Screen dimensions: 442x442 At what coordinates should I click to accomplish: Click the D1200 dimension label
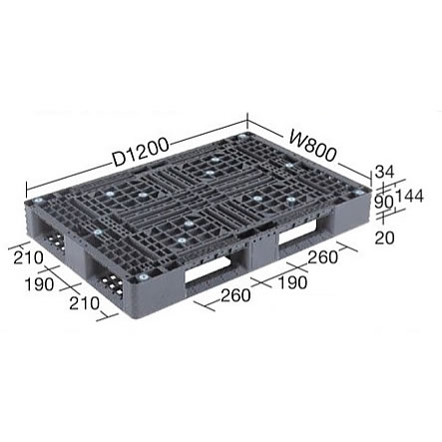pyautogui.click(x=141, y=154)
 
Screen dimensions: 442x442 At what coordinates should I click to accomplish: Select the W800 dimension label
pyautogui.click(x=312, y=146)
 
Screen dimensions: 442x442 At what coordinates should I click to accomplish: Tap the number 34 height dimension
pyautogui.click(x=384, y=172)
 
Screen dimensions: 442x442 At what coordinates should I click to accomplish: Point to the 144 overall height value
pyautogui.click(x=409, y=196)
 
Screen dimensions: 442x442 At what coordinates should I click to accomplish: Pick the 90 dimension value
pyautogui.click(x=384, y=202)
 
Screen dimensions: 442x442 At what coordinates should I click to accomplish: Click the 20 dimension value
pyautogui.click(x=384, y=237)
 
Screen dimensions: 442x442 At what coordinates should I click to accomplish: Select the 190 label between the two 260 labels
pyautogui.click(x=292, y=282)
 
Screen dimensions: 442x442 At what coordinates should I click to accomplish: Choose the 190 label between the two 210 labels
pyautogui.click(x=39, y=284)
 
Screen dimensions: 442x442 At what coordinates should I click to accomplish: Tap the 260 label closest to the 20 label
pyautogui.click(x=322, y=257)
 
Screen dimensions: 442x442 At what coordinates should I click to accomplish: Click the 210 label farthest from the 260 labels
pyautogui.click(x=28, y=257)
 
